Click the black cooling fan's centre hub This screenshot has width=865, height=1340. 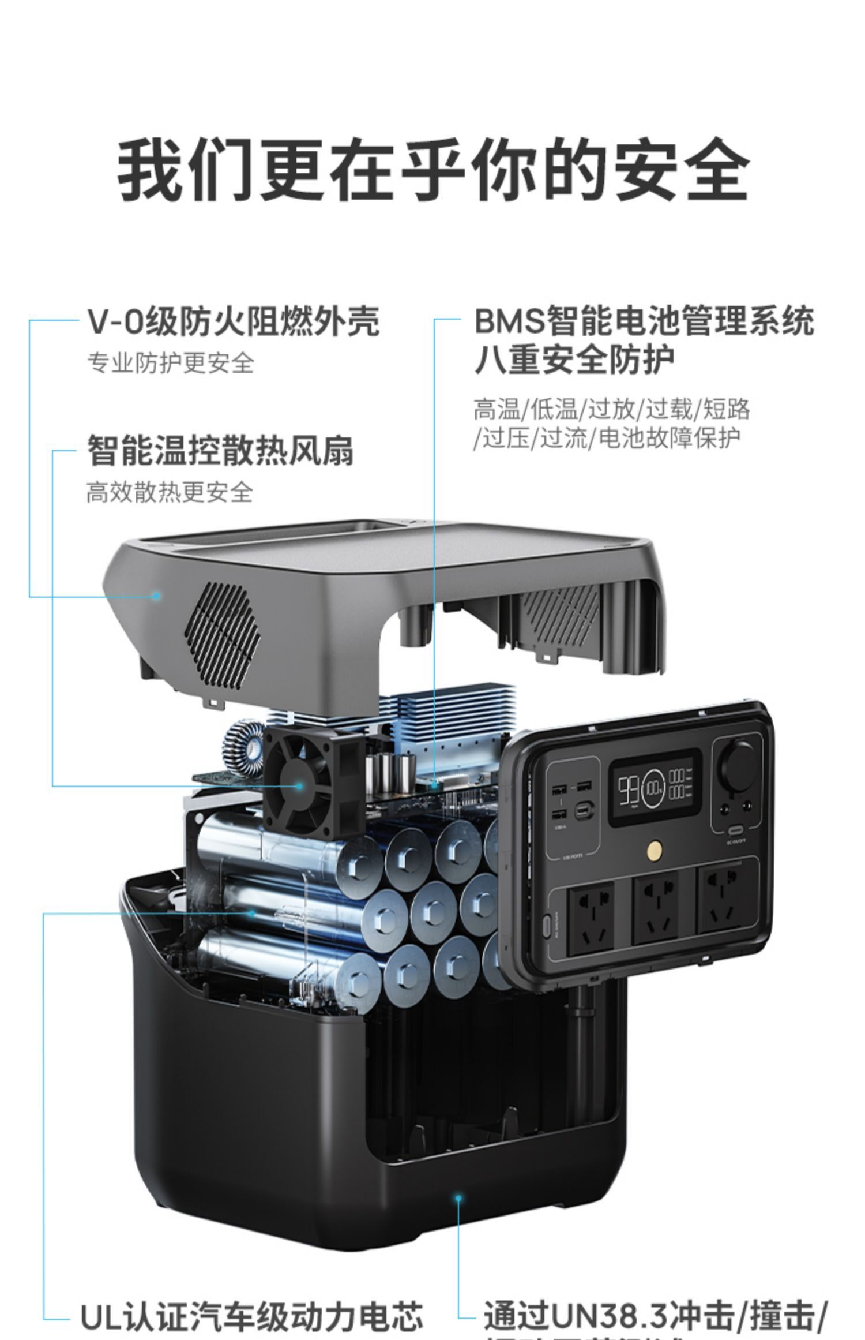[299, 785]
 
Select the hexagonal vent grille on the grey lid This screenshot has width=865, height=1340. [223, 634]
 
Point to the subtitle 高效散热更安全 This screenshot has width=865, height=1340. [170, 492]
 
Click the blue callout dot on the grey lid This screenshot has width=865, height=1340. [156, 595]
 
